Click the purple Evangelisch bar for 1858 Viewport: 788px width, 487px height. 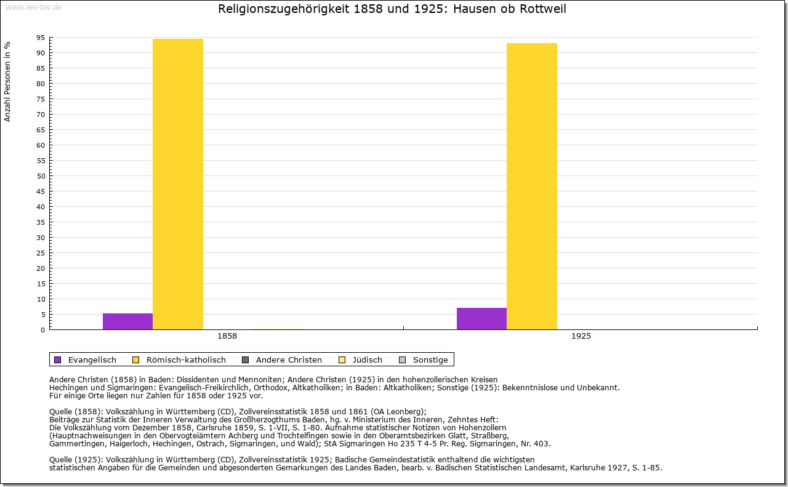coord(127,321)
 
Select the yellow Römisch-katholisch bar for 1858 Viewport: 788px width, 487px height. coord(178,184)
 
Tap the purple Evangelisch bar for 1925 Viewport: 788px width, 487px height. coord(481,319)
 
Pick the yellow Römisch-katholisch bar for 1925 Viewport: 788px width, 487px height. coord(532,186)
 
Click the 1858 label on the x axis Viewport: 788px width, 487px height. coord(227,337)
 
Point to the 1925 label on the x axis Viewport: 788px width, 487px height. coord(581,337)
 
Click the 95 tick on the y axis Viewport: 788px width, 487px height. coord(41,38)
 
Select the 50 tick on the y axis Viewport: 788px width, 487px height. coord(41,176)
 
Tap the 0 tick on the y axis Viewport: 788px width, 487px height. coord(42,330)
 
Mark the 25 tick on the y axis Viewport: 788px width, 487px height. coord(41,253)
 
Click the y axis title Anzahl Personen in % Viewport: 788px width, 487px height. coord(7,81)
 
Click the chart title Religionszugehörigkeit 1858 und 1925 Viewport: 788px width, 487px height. coord(392,9)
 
